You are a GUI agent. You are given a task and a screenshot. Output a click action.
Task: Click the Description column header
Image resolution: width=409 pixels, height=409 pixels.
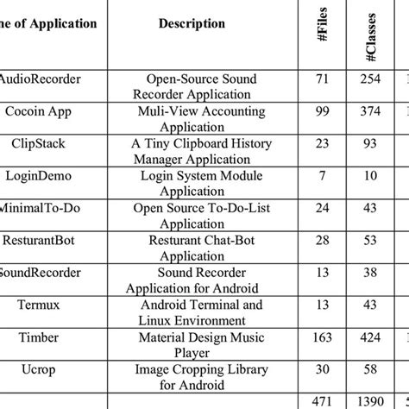coord(192,23)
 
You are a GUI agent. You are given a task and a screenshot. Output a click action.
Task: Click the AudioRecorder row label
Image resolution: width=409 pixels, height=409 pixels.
coord(41,79)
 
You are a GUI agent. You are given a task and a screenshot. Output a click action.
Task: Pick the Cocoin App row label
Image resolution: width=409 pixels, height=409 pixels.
coord(37,110)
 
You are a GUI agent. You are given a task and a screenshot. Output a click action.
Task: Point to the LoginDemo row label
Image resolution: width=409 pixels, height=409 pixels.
coord(38,175)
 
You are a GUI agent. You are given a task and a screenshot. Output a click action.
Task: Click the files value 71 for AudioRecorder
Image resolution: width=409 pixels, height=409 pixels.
coord(324,79)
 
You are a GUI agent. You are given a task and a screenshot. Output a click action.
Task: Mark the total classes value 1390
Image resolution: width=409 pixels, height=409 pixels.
coord(372,400)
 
